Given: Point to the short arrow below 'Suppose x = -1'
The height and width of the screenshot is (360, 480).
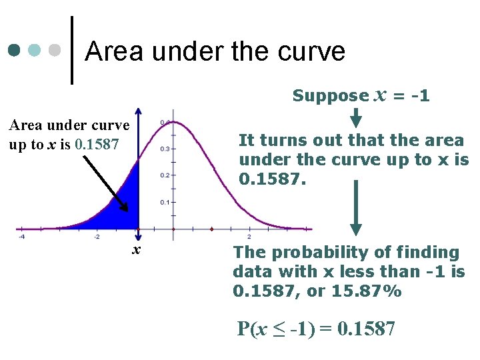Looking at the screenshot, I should pos(356,117).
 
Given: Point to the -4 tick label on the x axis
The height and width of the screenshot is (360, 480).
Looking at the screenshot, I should pos(21,237).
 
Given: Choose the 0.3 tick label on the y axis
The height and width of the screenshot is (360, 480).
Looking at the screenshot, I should pos(164,149).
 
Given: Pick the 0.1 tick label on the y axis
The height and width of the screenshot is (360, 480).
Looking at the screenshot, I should pos(164,202).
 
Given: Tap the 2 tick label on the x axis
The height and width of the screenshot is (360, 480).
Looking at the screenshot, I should pos(249,237).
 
